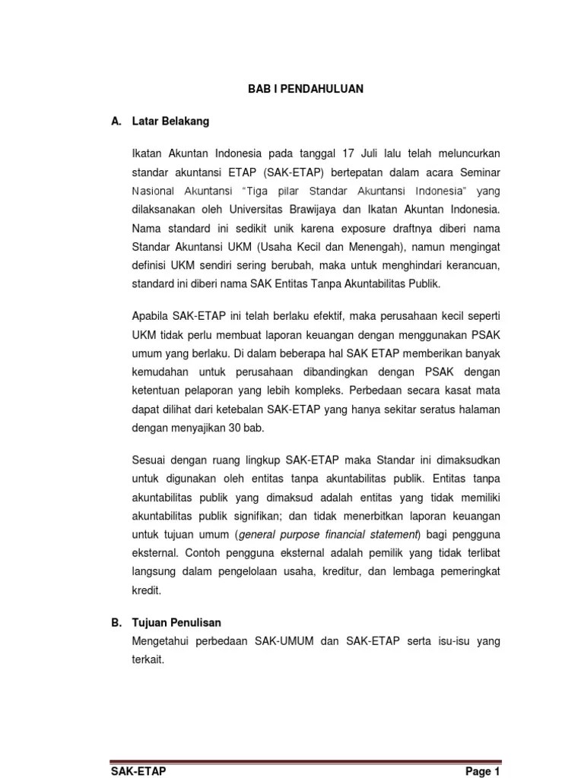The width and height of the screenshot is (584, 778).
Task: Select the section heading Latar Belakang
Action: (170, 121)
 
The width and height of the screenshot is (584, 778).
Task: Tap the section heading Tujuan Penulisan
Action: (176, 622)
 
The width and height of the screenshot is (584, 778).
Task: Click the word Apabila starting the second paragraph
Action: (151, 315)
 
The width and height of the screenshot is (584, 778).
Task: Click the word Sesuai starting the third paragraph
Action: (148, 460)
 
